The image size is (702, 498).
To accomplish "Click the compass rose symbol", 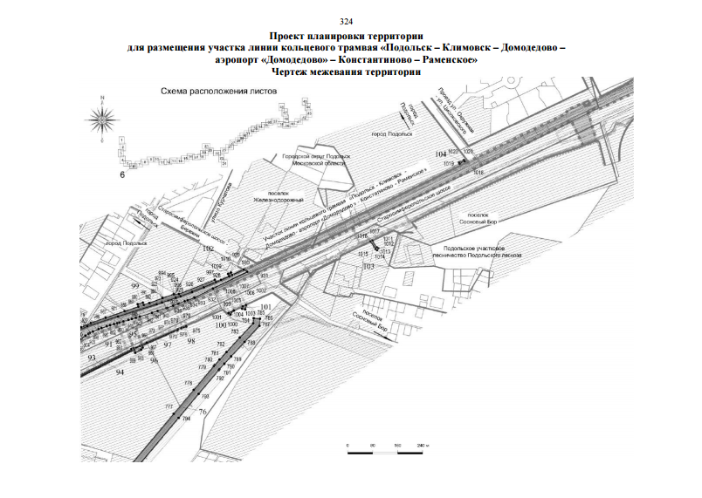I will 104,117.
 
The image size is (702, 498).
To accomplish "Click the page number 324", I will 349,19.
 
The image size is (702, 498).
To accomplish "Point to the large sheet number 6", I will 123,175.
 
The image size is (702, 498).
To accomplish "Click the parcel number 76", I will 203,412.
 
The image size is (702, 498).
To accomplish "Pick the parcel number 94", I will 120,372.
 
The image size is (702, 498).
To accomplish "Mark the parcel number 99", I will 134,286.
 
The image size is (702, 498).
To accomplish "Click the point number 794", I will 186,420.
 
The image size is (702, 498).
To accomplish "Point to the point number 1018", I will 478,174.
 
